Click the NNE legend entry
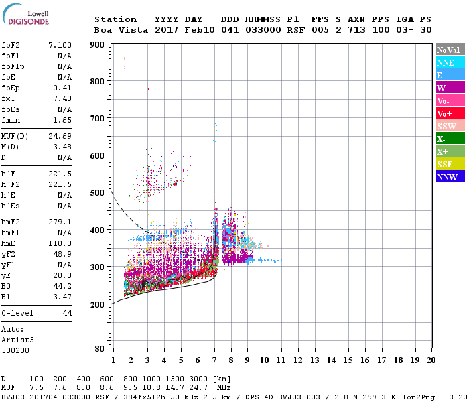pos(450,62)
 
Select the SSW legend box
pos(450,126)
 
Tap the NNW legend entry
pos(450,177)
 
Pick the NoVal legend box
pos(450,50)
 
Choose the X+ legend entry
pos(450,151)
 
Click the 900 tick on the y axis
pos(97,45)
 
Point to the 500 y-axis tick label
pos(97,193)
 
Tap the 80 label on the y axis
pos(100,349)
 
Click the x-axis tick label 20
pos(431,360)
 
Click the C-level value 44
pos(67,314)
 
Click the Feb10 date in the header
pos(198,30)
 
